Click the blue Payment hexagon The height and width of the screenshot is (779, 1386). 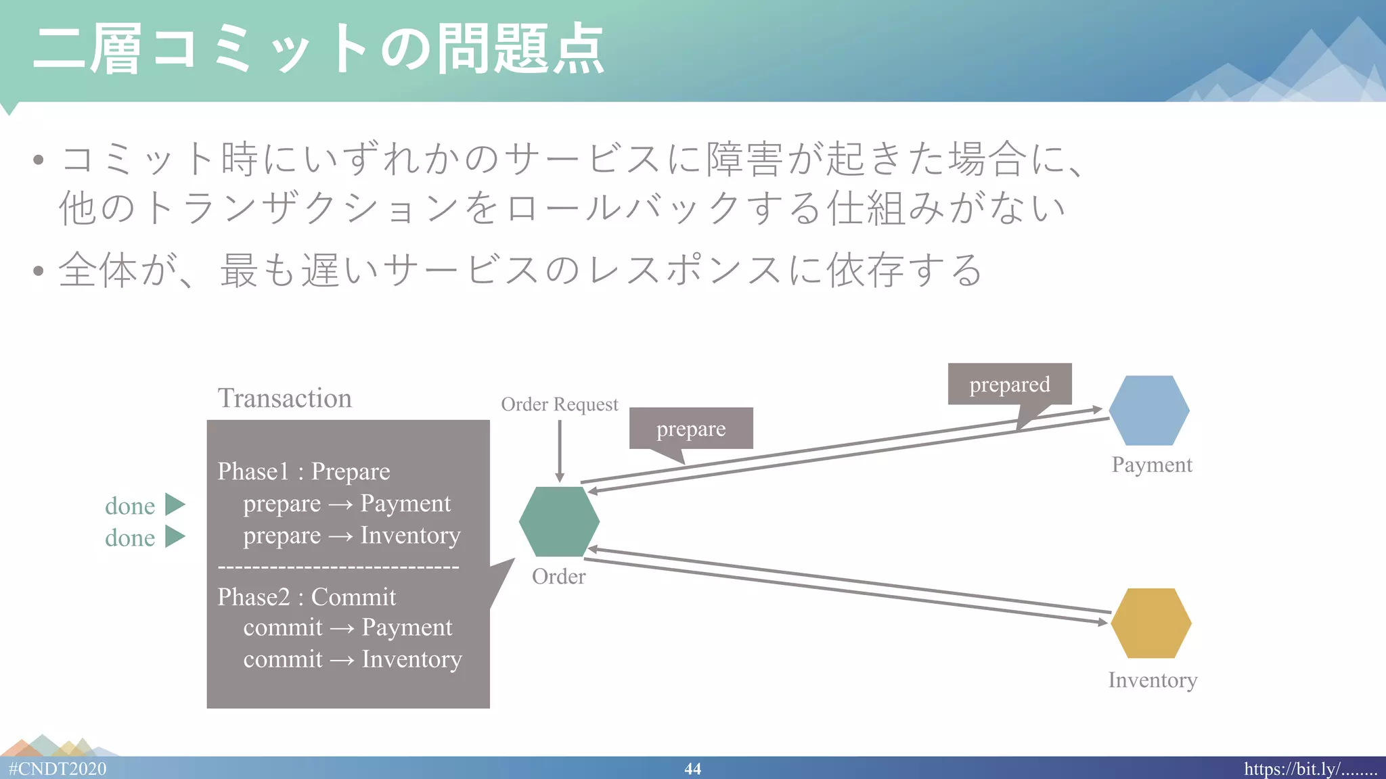point(1149,410)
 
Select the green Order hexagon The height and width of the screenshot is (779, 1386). point(559,521)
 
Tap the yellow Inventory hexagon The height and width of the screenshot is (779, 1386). point(1150,623)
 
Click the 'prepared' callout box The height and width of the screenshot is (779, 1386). point(1009,384)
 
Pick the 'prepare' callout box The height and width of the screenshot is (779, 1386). point(690,428)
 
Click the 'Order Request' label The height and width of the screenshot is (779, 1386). point(559,404)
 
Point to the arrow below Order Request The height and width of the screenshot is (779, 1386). point(560,450)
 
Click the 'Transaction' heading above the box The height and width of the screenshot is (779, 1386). point(284,398)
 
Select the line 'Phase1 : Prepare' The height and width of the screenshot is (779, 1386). point(303,471)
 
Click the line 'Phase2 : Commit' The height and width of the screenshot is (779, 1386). point(306,596)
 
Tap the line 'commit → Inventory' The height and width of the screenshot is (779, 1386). point(352,659)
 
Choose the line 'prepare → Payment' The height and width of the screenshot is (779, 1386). point(346,503)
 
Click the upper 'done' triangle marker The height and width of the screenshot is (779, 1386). point(175,504)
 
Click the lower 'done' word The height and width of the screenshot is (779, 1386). point(130,538)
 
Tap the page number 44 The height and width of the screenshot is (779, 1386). point(692,769)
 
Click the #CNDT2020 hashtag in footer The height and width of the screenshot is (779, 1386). point(58,769)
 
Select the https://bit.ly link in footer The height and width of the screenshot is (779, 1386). point(1310,769)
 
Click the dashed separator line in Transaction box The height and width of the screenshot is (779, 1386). point(338,567)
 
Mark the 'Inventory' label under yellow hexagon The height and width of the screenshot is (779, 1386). point(1152,680)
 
